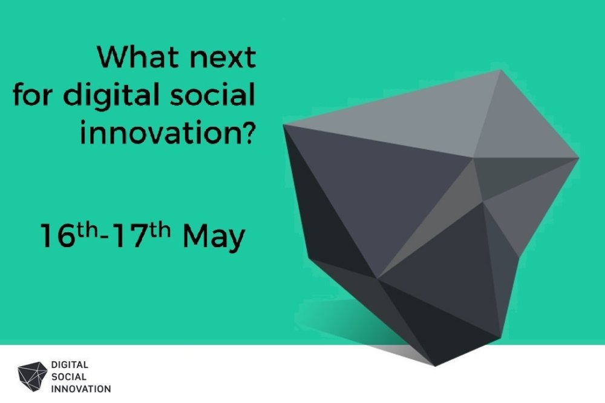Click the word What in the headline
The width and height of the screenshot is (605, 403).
click(x=137, y=57)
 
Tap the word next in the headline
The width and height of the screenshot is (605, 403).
click(x=223, y=59)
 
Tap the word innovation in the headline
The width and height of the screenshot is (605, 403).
click(x=157, y=132)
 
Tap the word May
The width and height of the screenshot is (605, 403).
click(x=214, y=238)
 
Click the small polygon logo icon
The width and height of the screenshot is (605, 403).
click(x=33, y=376)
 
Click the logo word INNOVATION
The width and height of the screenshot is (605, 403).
click(x=81, y=388)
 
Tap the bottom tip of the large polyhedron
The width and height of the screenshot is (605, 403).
click(x=435, y=365)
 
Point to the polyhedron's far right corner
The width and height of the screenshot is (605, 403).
click(x=578, y=158)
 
